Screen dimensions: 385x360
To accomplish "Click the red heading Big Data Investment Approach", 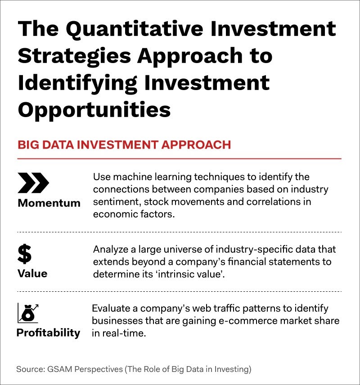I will click(124, 145).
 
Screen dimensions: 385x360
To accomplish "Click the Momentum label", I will click(49, 203).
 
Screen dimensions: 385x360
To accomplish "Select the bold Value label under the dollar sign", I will click(32, 273).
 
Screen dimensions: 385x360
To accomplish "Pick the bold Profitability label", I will click(48, 333).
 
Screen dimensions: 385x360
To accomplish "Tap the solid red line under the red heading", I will click(179, 159).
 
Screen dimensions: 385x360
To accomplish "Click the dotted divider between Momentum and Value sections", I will click(179, 232).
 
